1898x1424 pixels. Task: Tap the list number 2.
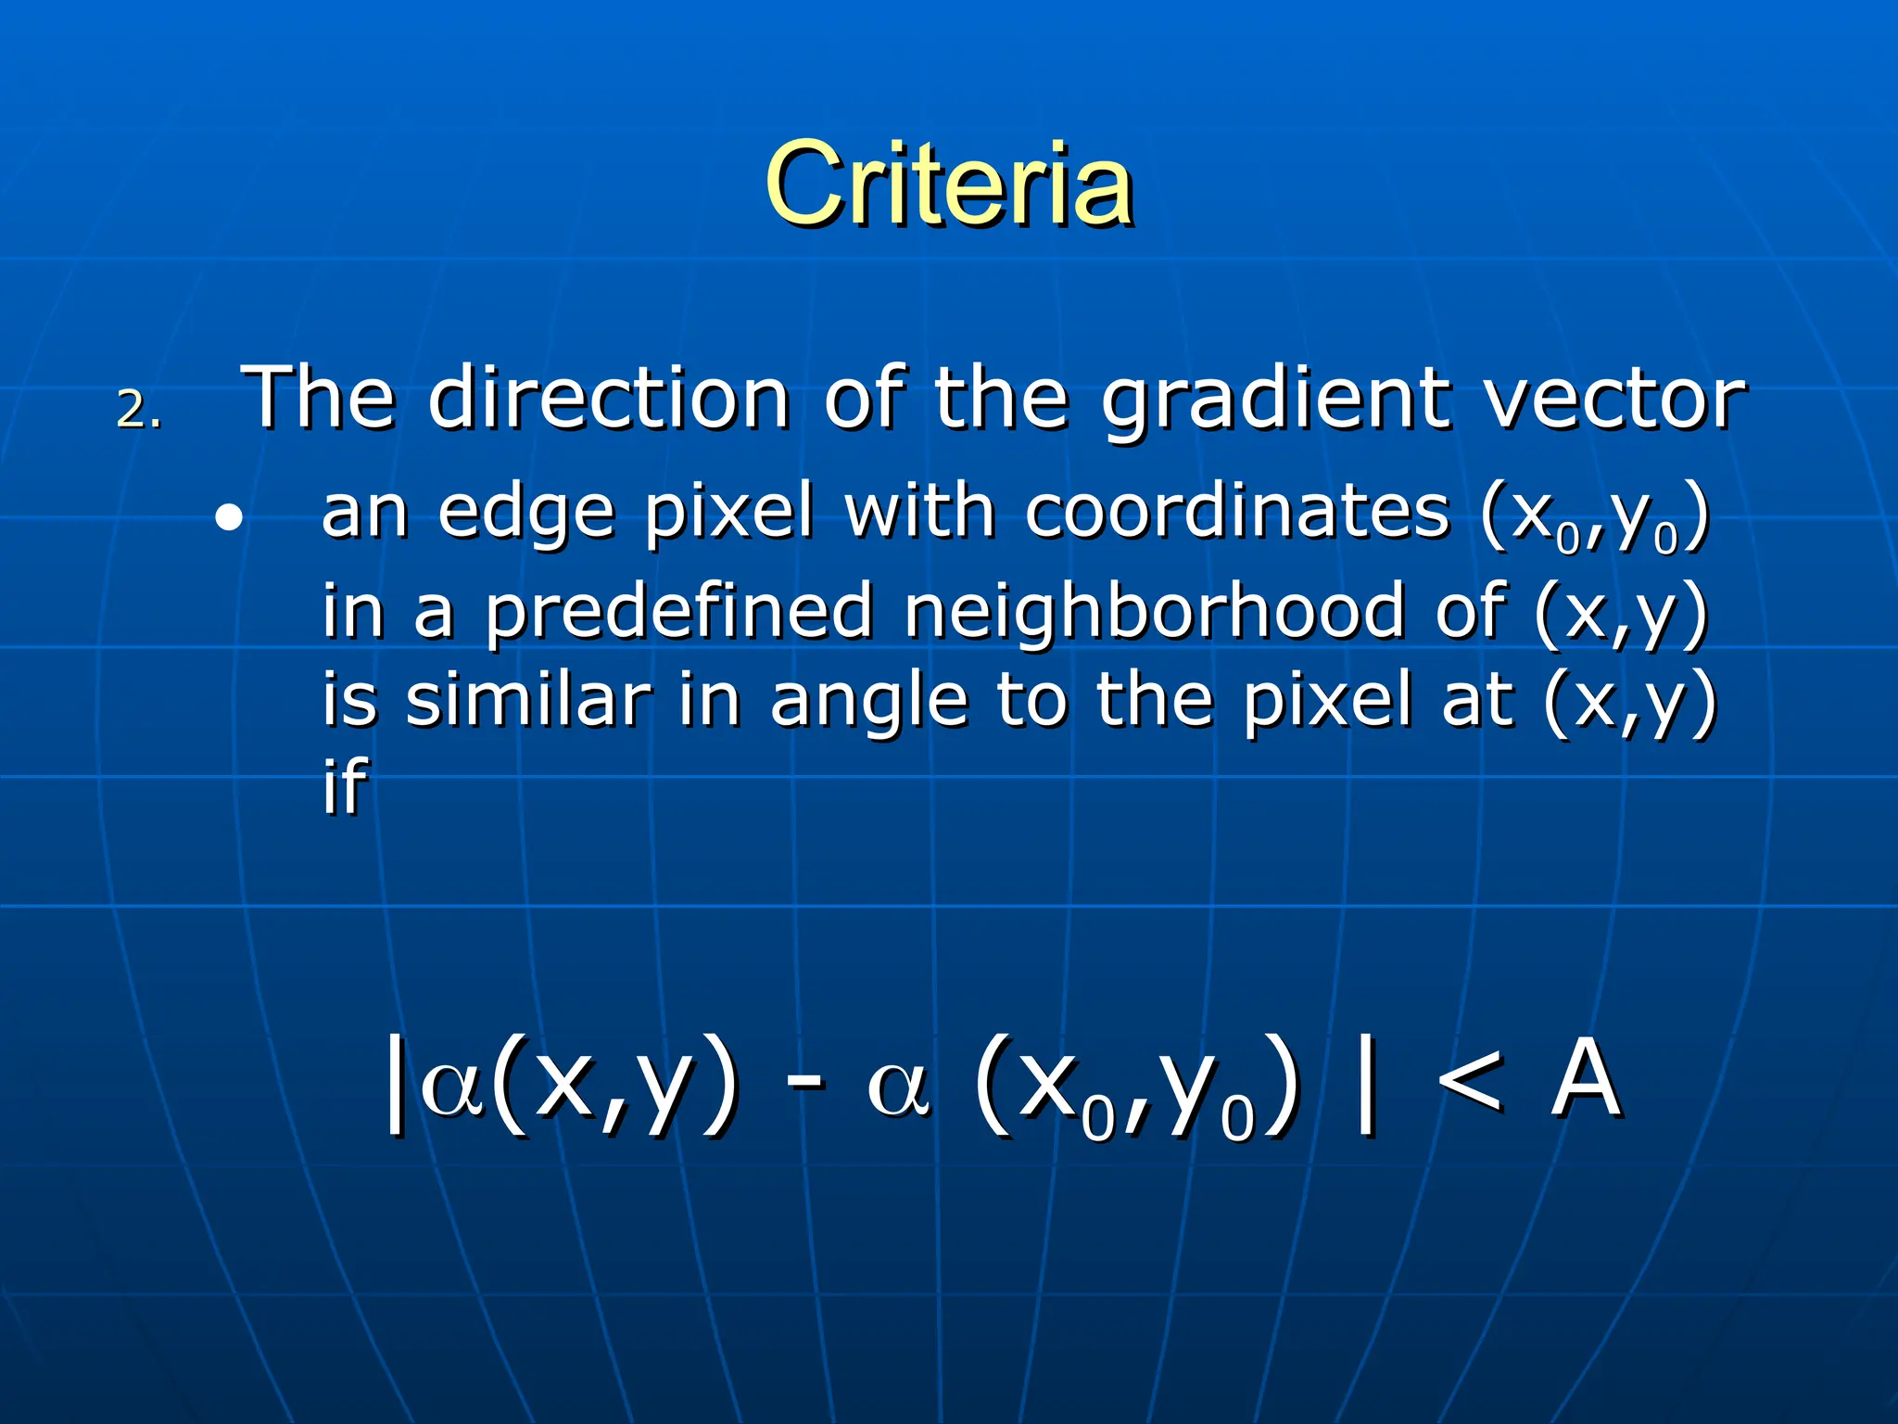tap(138, 409)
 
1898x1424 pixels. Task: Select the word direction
tap(609, 398)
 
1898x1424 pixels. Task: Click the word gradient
tap(1276, 400)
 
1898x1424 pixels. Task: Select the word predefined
tap(679, 612)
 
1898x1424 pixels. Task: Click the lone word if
tap(345, 785)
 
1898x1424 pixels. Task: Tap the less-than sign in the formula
tap(1469, 1081)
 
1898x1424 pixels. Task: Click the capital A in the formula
tap(1586, 1079)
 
